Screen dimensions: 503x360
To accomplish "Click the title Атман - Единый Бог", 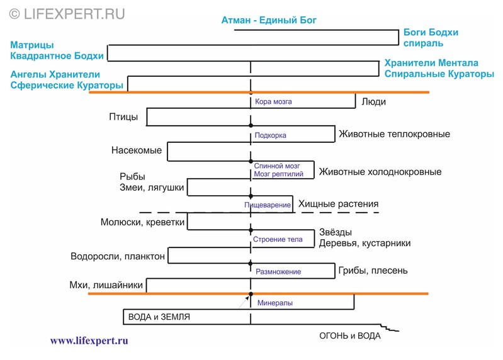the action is pyautogui.click(x=269, y=20).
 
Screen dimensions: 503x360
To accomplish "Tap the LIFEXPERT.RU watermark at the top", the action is pyautogui.click(x=67, y=14).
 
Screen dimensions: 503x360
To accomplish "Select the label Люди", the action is pyautogui.click(x=374, y=101).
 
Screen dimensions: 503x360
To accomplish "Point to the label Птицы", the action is pyautogui.click(x=123, y=116).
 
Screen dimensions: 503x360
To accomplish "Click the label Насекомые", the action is pyautogui.click(x=137, y=150).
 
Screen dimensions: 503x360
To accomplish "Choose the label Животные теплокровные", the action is pyautogui.click(x=395, y=134).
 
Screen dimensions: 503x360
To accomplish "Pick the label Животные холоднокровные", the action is pyautogui.click(x=380, y=172).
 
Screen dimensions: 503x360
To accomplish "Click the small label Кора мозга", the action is pyautogui.click(x=273, y=101).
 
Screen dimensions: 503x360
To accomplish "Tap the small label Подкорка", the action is pyautogui.click(x=271, y=135).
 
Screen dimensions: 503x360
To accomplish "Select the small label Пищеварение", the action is pyautogui.click(x=268, y=205).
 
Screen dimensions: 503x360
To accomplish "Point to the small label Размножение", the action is pyautogui.click(x=278, y=272).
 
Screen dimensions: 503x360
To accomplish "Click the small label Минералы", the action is pyautogui.click(x=275, y=303).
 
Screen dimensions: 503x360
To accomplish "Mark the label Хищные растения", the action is pyautogui.click(x=339, y=204).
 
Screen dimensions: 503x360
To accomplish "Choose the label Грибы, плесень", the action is pyautogui.click(x=373, y=271).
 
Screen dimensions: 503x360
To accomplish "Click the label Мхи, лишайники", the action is pyautogui.click(x=106, y=284).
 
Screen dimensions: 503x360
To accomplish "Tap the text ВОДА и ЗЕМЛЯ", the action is pyautogui.click(x=159, y=317).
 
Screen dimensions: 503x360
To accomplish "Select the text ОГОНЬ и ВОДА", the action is pyautogui.click(x=350, y=335).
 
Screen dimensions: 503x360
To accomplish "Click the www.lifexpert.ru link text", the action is pyautogui.click(x=89, y=340).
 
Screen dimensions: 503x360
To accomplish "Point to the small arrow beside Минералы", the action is pyautogui.click(x=244, y=301).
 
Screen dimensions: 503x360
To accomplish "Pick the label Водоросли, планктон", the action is pyautogui.click(x=118, y=256).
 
